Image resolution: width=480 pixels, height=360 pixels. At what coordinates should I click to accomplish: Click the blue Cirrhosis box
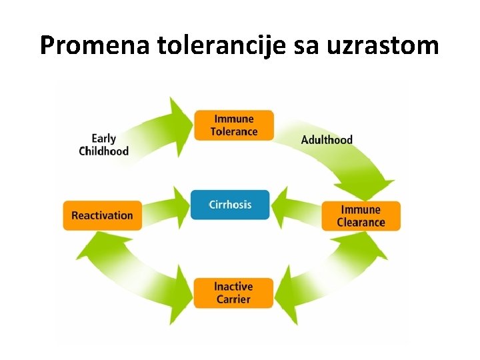click(230, 205)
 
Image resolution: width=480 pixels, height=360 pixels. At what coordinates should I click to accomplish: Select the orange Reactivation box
click(103, 215)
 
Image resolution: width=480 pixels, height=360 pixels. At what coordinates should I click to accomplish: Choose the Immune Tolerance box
click(233, 125)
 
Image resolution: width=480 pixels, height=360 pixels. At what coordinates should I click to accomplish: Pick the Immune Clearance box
click(361, 216)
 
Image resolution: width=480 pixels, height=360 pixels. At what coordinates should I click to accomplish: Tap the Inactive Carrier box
click(233, 293)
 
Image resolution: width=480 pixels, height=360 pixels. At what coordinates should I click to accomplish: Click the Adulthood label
click(327, 140)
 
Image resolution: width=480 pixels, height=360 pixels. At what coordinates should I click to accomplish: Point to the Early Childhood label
click(103, 145)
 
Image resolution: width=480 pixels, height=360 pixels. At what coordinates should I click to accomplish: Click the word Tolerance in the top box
click(233, 132)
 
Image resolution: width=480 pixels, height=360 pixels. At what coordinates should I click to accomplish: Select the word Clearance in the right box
click(361, 223)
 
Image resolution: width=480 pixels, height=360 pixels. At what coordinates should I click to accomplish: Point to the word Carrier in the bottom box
click(233, 300)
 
